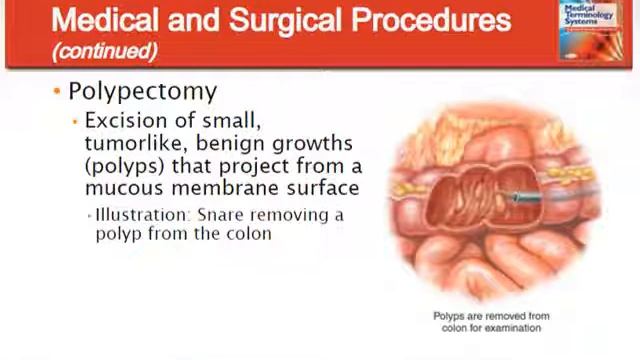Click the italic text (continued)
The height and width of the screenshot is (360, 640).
105,50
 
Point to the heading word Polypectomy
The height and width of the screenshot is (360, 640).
142,92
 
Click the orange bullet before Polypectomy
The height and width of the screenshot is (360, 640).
57,92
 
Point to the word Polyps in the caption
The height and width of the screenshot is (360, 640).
449,316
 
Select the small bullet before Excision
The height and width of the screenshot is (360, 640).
75,122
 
